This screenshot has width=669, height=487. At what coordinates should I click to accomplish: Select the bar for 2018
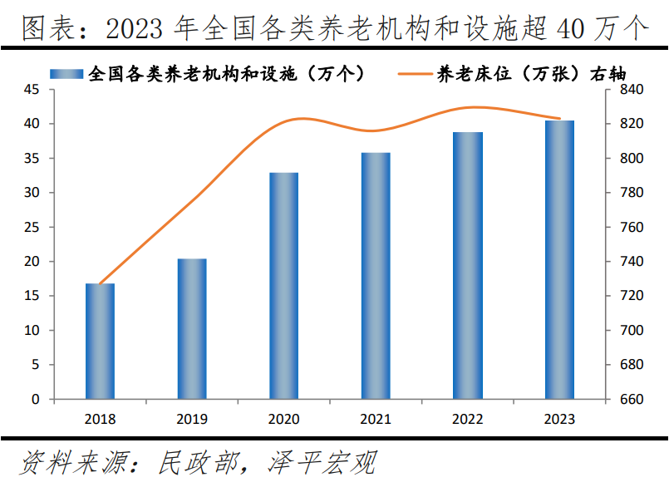coord(100,342)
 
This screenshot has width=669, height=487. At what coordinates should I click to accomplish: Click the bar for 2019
coord(192,329)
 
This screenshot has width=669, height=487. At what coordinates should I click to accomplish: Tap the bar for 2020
coord(283,286)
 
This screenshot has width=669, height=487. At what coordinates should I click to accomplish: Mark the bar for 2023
coord(559,260)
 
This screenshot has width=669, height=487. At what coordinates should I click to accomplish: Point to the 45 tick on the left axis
coord(32,90)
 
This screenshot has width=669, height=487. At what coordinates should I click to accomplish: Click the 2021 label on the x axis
coord(376,419)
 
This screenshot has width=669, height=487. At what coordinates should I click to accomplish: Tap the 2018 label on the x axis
coord(100,419)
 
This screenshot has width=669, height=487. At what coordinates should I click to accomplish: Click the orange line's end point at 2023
coord(559,119)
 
